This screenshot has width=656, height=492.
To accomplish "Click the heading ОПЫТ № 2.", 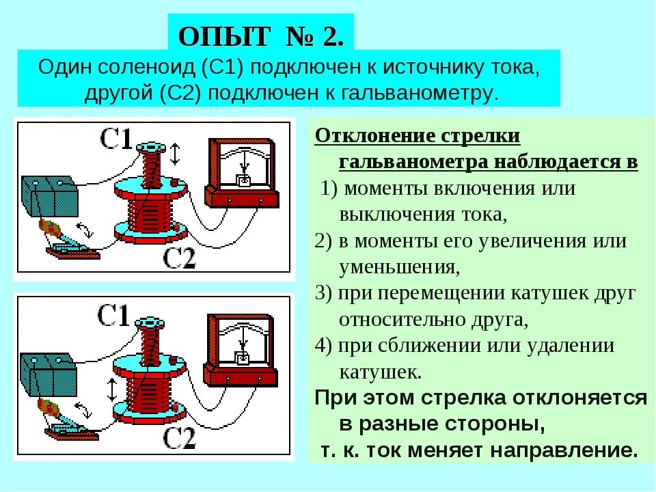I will click(x=260, y=36).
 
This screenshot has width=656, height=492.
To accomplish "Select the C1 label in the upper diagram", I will click(x=116, y=139).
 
